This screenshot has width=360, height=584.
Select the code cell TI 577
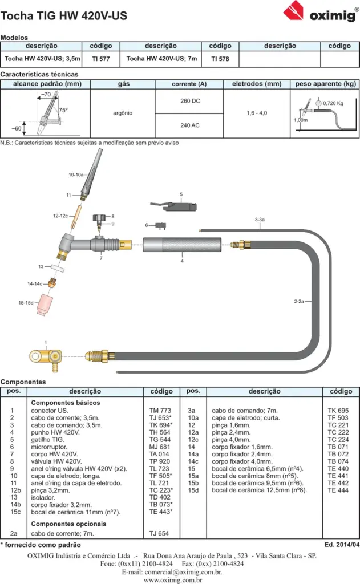coord(101,59)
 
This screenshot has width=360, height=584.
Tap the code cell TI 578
coord(220,59)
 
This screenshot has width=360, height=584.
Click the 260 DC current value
coord(190,101)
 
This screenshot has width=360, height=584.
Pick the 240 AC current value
coord(190,125)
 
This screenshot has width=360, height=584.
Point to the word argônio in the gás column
coord(123,113)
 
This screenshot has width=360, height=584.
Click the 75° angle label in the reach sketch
coord(63,110)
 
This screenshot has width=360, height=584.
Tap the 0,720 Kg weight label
coord(333,103)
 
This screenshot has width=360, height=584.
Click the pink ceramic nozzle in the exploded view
coord(45,306)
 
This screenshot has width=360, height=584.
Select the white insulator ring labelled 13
coord(58,268)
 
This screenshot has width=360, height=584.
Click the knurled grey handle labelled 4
coord(182,245)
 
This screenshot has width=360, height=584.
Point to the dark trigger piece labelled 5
coord(173,206)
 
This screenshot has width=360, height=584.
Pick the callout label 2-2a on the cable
coord(299,301)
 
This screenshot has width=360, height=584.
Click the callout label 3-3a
coord(260,220)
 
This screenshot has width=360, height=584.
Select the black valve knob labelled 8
coord(99,217)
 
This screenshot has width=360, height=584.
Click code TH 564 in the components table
coord(160,432)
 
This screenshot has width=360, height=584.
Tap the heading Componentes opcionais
coord(68,524)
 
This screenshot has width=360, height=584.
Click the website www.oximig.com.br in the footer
coord(173,580)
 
